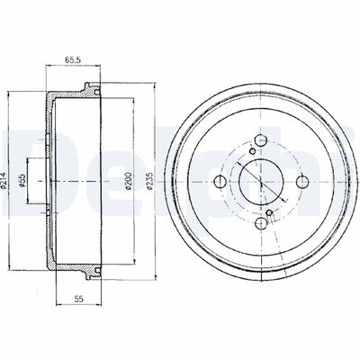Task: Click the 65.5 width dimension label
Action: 73,60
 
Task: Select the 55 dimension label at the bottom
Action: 78,299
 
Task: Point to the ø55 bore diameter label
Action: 22,182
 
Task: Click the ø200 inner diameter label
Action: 128,181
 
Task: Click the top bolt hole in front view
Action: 261,139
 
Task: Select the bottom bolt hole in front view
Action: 261,223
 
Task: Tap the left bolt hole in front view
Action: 220,181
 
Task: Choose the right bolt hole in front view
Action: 302,181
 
